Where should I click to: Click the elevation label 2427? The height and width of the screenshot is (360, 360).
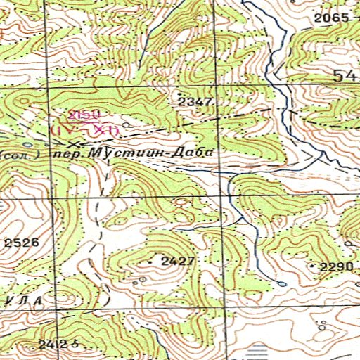pyautogui.click(x=176, y=261)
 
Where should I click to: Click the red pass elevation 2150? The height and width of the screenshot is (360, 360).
pyautogui.click(x=84, y=115)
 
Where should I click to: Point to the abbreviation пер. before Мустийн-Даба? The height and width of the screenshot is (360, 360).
pyautogui.click(x=71, y=153)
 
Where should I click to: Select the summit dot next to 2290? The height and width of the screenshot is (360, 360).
pyautogui.click(x=312, y=266)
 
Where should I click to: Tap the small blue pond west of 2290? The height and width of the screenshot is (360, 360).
pyautogui.click(x=282, y=284)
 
